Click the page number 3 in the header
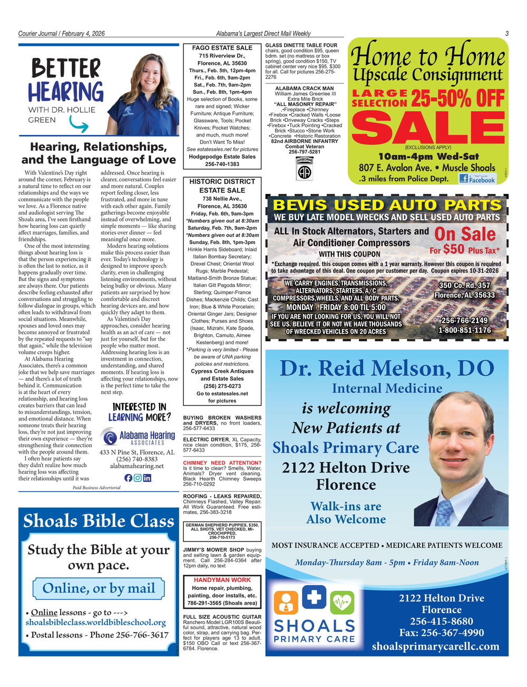coord(506,33)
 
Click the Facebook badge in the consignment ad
coord(477,178)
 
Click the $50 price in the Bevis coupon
coord(453,249)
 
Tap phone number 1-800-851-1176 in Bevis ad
coord(465,330)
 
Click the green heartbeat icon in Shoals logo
coord(341,601)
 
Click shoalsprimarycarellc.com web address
coord(435,646)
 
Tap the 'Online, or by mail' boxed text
coord(99,588)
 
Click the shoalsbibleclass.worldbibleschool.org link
coord(96,623)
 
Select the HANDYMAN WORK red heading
coord(222,580)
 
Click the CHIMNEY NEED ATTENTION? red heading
coord(222,463)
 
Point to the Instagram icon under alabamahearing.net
coord(138,478)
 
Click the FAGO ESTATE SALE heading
coord(222,48)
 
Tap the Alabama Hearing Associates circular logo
coord(109,438)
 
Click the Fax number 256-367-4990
coord(442,633)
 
